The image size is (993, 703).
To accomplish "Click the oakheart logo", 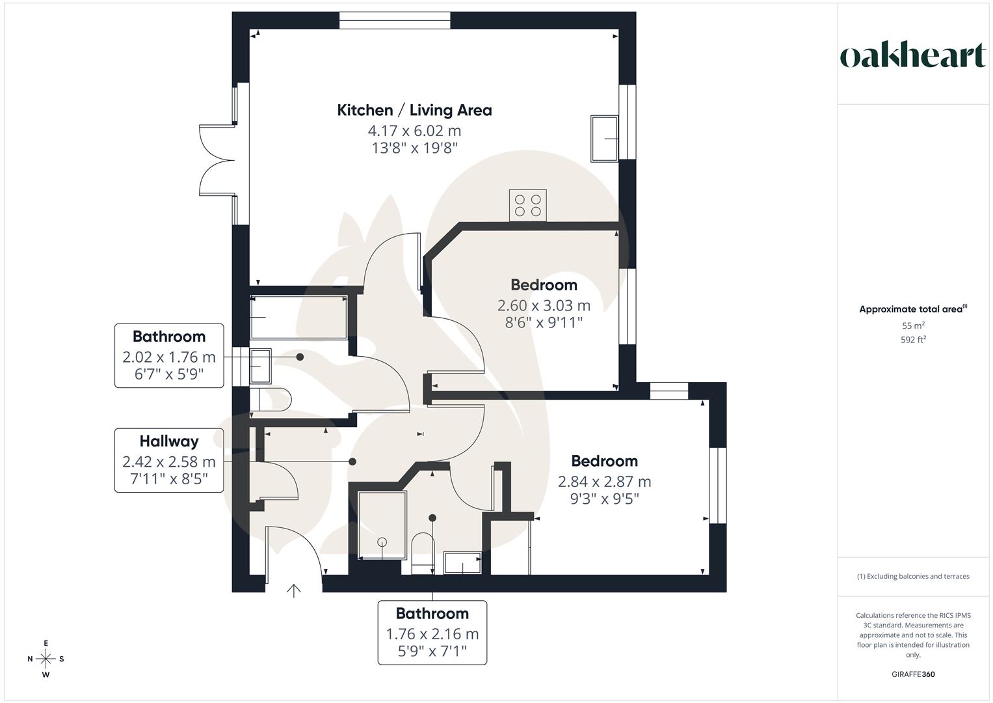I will point(912,56).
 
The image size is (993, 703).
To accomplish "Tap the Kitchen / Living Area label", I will point(414,110).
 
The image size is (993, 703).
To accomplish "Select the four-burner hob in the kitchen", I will point(527,205).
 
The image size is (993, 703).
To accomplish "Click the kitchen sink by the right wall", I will point(604,138).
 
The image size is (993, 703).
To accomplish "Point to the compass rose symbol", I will point(46,659).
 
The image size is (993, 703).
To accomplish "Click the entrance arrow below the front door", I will point(294,590).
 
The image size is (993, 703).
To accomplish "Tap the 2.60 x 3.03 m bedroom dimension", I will point(544,305).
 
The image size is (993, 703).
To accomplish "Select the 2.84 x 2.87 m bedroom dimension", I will point(604,482).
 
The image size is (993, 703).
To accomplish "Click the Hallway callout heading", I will point(168,441).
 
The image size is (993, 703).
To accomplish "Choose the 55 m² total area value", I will point(913,325).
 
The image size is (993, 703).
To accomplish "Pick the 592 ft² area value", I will point(913,340).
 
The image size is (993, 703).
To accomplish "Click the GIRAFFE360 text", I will point(913,674).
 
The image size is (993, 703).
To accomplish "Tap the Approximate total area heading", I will point(912,309).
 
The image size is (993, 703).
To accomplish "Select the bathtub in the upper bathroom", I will point(298,317).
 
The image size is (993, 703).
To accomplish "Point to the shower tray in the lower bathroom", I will point(382,525).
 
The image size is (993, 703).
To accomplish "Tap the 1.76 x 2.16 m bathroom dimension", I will point(432,634).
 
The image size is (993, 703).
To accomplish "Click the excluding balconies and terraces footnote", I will point(913,576).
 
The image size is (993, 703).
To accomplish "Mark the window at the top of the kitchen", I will point(395,20).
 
